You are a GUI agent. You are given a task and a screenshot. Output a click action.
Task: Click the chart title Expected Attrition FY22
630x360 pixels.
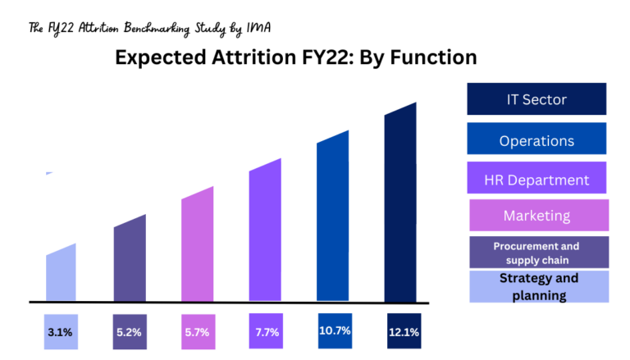click(x=295, y=58)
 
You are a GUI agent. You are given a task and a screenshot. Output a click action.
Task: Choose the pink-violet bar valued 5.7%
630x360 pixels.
click(x=197, y=246)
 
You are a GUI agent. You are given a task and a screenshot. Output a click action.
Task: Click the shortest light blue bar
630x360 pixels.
click(x=62, y=274)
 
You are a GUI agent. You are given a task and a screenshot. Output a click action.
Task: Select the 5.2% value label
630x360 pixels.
click(x=129, y=332)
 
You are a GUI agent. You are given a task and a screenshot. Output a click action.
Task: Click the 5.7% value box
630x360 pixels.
click(x=197, y=332)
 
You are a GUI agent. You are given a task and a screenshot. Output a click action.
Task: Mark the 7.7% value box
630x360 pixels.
click(x=266, y=332)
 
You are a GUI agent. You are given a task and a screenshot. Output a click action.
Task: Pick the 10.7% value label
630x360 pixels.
click(x=335, y=330)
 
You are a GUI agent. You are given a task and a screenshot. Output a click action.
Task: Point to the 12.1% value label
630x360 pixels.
click(x=403, y=332)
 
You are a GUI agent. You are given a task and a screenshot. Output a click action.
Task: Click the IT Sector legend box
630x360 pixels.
click(x=536, y=99)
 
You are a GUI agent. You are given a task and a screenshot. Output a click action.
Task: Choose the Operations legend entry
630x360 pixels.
click(x=536, y=139)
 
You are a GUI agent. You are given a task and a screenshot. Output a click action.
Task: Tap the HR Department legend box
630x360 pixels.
click(x=536, y=180)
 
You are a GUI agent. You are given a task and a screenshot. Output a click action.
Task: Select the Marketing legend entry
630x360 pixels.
click(x=537, y=216)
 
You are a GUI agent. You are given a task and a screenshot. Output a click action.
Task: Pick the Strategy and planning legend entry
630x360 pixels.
click(x=538, y=286)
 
